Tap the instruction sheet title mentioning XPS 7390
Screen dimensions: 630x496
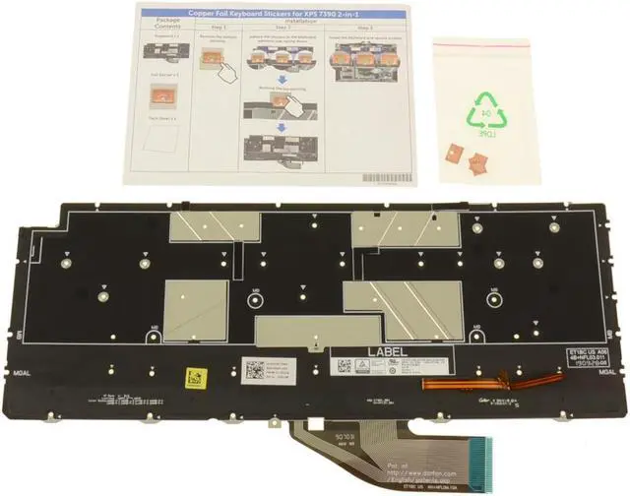click(x=272, y=17)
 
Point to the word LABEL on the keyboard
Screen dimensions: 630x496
click(x=387, y=350)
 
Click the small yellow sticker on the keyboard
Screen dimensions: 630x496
click(x=195, y=376)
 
